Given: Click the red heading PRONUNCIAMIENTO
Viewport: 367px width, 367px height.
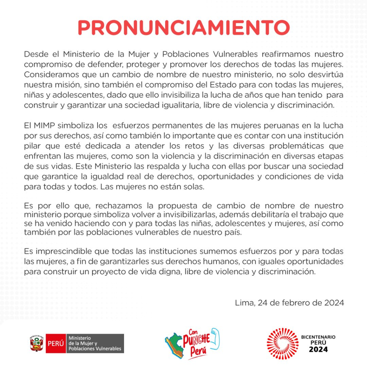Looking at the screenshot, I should pyautogui.click(x=183, y=28).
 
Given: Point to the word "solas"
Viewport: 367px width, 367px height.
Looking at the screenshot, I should pyautogui.click(x=195, y=187).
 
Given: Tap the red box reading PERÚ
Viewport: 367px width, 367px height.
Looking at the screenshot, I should pyautogui.click(x=56, y=343).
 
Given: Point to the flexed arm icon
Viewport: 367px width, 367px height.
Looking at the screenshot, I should pyautogui.click(x=214, y=337).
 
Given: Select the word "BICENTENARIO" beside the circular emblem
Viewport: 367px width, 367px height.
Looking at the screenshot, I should pyautogui.click(x=318, y=337).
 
